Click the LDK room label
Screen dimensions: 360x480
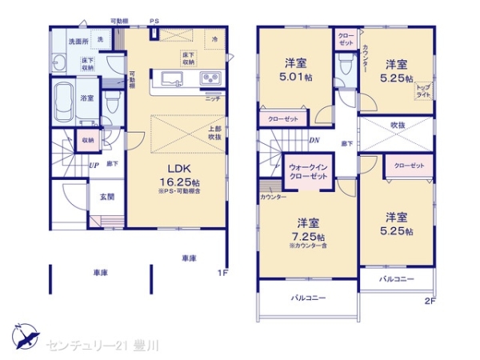(x=178, y=169)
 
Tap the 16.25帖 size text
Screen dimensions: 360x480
(x=178, y=182)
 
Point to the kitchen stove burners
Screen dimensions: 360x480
(x=210, y=78)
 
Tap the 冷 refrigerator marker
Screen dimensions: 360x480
(x=214, y=38)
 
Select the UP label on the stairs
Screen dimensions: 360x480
(x=94, y=165)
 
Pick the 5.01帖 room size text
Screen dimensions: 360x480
(x=294, y=78)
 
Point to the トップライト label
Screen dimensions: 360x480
(x=423, y=90)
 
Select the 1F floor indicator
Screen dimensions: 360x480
(x=224, y=273)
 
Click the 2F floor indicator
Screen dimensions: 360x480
(x=430, y=302)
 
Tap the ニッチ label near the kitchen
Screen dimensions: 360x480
(x=213, y=98)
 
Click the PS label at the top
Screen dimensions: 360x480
(x=154, y=21)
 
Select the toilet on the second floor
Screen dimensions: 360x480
(x=345, y=67)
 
